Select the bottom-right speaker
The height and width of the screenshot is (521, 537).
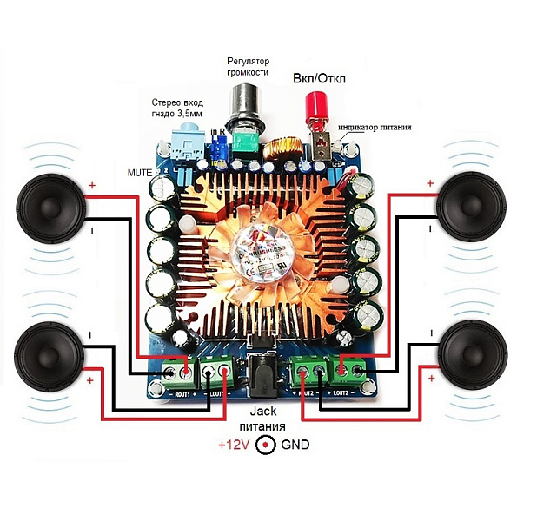(x=474, y=357)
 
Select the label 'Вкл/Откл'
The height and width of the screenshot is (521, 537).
(x=318, y=78)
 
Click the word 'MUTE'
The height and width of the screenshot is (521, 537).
(x=138, y=171)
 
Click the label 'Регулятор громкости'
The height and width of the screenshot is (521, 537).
(x=248, y=68)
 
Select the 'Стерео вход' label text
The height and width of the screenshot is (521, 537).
(x=177, y=102)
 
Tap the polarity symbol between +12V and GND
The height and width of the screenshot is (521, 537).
(x=266, y=445)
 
